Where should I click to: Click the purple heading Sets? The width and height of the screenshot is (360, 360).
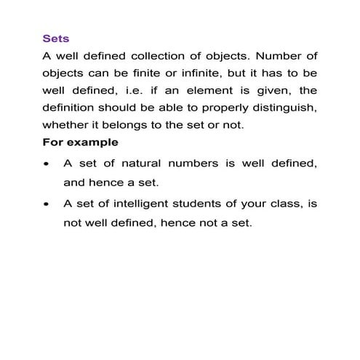point(56,38)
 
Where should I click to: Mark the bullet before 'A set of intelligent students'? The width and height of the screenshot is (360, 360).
point(47,206)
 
